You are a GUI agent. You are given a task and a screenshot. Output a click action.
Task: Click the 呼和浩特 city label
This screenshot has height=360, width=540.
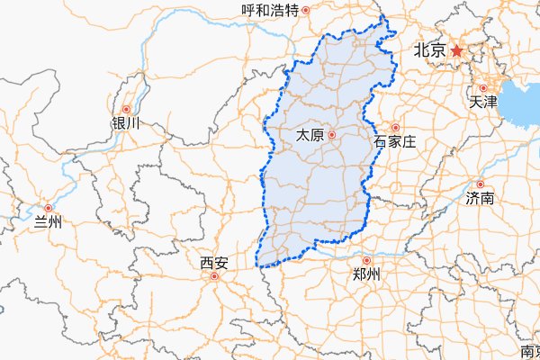click(x=271, y=11)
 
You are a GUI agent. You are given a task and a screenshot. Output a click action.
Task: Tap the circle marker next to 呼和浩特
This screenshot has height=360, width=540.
click(x=306, y=11)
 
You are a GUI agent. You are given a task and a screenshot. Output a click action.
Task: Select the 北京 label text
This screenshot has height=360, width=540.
click(x=429, y=51)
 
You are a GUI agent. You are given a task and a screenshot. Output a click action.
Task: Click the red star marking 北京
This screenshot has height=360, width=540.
click(x=456, y=50)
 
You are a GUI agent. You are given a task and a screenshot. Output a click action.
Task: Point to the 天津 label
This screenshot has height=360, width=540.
click(x=483, y=102)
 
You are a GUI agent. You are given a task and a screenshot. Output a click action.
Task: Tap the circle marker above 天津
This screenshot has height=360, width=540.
click(x=482, y=88)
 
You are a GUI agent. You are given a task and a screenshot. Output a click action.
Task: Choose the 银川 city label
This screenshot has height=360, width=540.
click(x=125, y=122)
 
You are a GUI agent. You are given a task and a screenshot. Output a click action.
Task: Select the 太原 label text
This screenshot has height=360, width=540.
click(x=310, y=135)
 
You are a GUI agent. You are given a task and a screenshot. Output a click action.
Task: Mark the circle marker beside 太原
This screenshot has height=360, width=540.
click(x=332, y=135)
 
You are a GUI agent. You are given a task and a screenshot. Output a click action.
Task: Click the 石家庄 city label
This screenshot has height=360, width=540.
click(x=394, y=141)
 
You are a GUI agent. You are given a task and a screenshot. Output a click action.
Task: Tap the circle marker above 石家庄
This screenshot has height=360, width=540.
click(x=394, y=128)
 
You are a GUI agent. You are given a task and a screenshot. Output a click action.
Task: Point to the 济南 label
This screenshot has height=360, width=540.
click(x=480, y=197)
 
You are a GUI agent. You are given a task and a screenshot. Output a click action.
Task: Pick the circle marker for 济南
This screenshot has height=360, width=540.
click(x=480, y=184)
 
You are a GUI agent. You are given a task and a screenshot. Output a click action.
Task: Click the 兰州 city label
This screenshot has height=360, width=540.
click(x=47, y=221)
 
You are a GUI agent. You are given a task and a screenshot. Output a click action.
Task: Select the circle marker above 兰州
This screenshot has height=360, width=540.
click(x=48, y=208)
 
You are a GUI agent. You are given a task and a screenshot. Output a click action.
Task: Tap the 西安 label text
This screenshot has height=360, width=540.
click(x=214, y=263)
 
